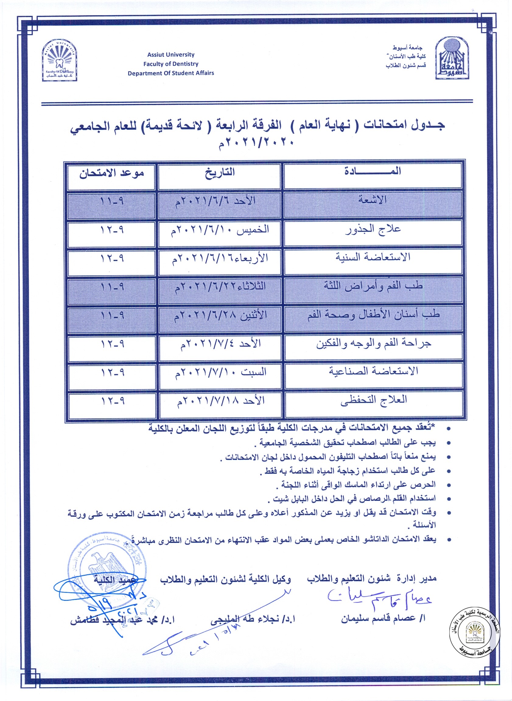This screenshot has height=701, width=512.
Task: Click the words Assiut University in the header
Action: [x=171, y=55]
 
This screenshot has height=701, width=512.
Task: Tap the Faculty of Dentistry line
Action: [x=171, y=64]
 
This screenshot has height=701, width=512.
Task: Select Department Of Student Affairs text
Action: [x=171, y=73]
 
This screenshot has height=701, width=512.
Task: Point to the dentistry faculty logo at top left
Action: [x=59, y=61]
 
